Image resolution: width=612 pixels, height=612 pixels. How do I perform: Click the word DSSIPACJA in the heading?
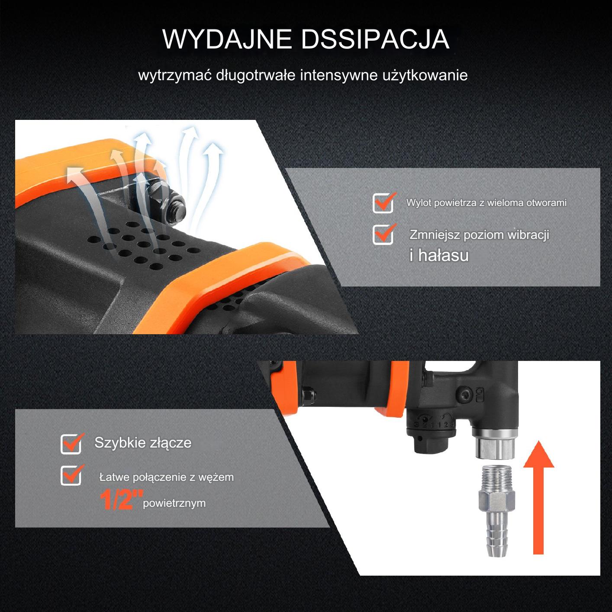(375, 39)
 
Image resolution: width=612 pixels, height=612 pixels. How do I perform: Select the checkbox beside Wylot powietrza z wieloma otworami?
(383, 203)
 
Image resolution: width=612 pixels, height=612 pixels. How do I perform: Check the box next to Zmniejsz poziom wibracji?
(383, 235)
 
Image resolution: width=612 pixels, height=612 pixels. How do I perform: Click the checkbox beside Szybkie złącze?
(71, 443)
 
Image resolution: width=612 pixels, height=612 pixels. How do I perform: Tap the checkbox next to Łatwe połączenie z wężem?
(71, 475)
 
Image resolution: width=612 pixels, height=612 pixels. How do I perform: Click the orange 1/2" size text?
(121, 499)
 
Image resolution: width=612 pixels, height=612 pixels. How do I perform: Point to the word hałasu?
(443, 255)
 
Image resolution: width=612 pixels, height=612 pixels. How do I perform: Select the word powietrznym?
(174, 503)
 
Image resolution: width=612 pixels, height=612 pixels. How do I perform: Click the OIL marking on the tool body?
(479, 394)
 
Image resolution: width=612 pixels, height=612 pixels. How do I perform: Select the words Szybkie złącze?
(143, 443)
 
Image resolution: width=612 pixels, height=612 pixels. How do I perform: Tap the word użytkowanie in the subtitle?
(425, 76)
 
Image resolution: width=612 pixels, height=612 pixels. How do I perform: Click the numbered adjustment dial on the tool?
(431, 424)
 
